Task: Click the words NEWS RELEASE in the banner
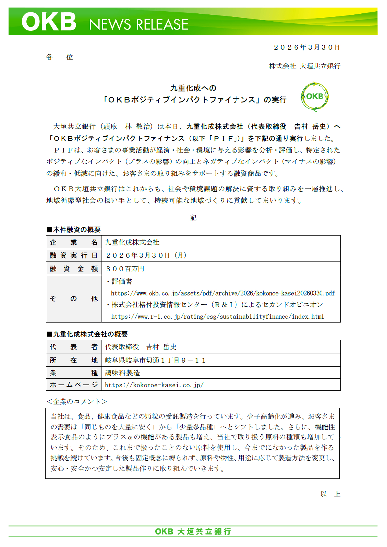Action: tap(138, 25)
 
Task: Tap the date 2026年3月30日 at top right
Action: tap(307, 47)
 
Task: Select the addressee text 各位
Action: tap(60, 57)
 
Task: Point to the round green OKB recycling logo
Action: tap(315, 97)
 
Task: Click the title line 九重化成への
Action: tap(193, 88)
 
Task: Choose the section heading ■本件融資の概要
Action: tap(73, 229)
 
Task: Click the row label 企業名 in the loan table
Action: tap(73, 242)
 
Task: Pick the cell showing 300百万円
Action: tap(125, 269)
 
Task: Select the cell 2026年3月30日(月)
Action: tap(146, 255)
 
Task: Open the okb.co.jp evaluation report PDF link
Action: tap(223, 293)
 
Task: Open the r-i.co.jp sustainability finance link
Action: tap(218, 317)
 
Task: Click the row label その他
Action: tap(73, 298)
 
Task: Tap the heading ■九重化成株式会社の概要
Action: tap(87, 334)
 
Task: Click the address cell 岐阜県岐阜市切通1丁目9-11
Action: tap(155, 360)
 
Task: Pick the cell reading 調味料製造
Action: tap(123, 373)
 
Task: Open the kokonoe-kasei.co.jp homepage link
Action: tap(154, 385)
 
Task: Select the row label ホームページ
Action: tap(73, 385)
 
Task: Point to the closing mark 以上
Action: tap(330, 494)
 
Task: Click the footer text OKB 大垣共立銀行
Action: tap(193, 531)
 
